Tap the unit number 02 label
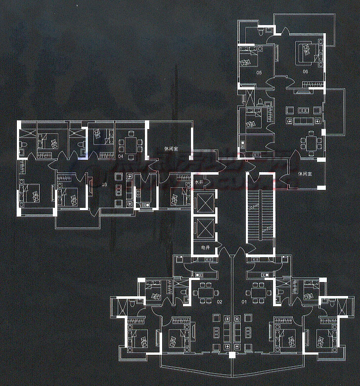coord(220,301)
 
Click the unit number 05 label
coord(259,73)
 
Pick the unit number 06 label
coord(305,72)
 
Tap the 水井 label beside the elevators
coord(199,183)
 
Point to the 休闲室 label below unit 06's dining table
coord(306,174)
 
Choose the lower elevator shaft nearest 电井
coord(205,228)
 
